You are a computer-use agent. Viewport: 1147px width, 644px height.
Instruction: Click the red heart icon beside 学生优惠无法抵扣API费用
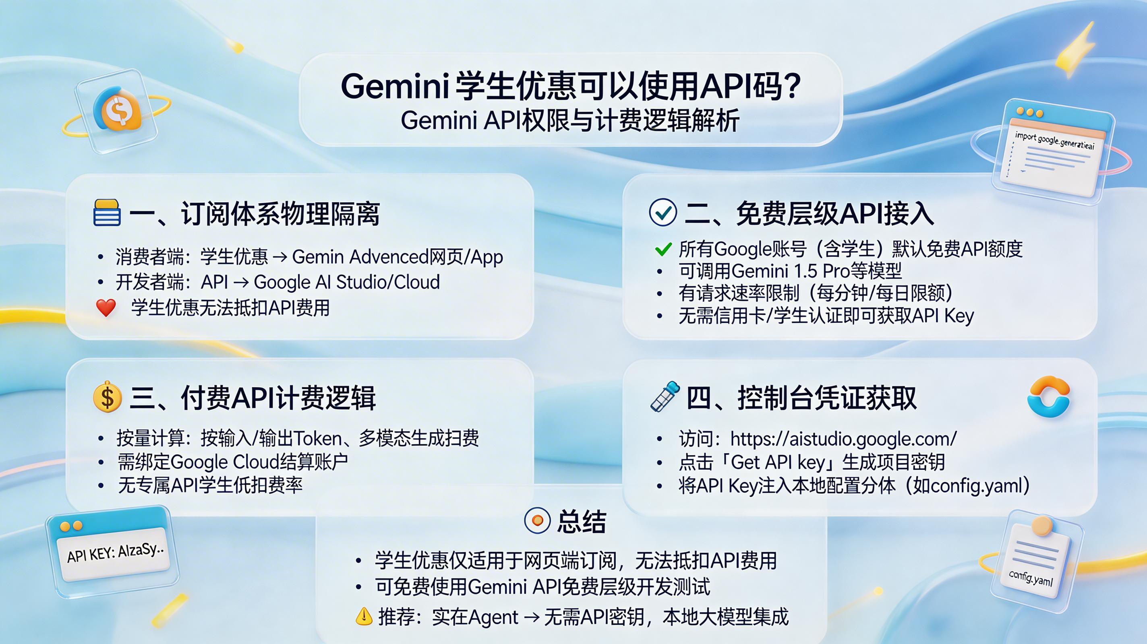coord(106,308)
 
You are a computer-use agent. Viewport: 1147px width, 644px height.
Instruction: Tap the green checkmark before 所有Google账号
coord(663,249)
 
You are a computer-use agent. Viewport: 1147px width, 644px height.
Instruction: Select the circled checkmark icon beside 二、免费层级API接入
coord(663,213)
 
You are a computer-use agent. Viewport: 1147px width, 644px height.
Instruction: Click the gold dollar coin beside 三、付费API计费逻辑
coord(107,396)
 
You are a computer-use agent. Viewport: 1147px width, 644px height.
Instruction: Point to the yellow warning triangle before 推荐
coord(364,616)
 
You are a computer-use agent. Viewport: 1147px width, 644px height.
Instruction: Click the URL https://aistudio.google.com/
coord(843,439)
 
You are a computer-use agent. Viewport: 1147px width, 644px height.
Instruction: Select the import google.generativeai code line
coord(1054,140)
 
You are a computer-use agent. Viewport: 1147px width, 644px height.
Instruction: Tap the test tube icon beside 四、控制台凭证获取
coord(665,396)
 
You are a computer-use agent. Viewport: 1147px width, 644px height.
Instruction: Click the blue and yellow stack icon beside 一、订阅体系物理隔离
coord(107,213)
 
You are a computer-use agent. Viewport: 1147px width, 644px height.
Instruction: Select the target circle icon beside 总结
coord(537,520)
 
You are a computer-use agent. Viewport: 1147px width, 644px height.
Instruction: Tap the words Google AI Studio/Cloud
coord(346,282)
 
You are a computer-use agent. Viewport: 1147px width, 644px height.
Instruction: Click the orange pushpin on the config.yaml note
coord(1042,526)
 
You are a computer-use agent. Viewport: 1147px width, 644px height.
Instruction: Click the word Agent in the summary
coord(493,617)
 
